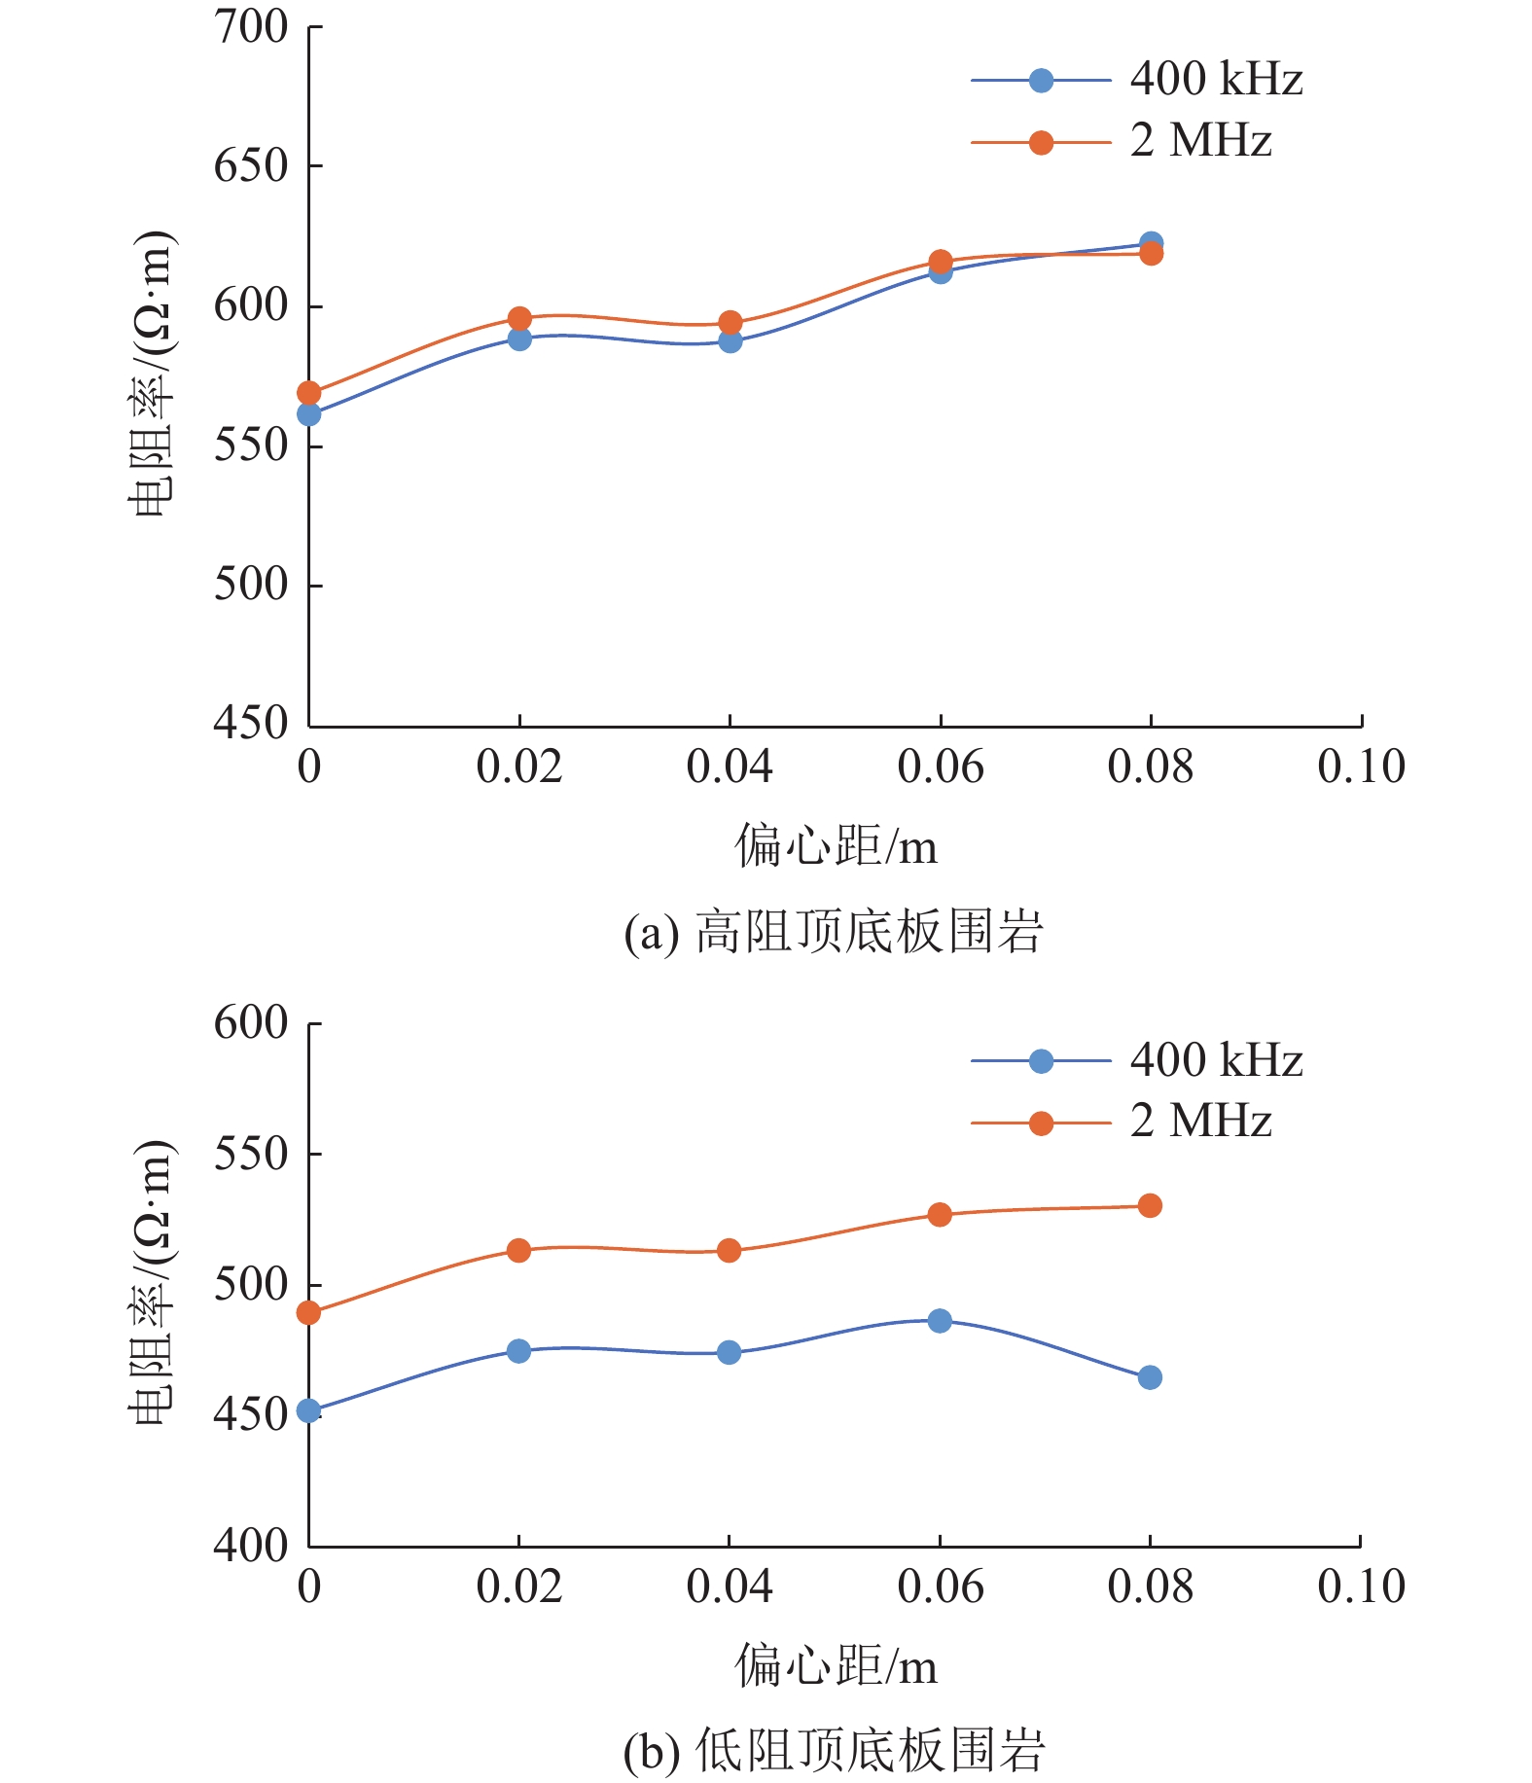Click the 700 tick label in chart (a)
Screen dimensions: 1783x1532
tap(251, 27)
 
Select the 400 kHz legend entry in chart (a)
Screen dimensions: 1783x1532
tap(1136, 80)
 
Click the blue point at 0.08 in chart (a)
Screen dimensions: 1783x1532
tap(1151, 243)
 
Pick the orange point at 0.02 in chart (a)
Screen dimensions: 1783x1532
tap(519, 318)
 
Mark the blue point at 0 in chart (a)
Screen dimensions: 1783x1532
tap(309, 414)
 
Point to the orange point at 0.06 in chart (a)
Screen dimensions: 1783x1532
tap(941, 262)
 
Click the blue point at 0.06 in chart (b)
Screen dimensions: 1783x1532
tap(940, 1321)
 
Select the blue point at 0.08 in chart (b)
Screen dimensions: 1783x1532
tap(1150, 1377)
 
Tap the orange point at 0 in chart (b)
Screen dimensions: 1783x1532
tap(308, 1313)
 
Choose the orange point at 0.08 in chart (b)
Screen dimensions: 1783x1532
tap(1150, 1206)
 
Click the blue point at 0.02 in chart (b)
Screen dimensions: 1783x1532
tap(518, 1351)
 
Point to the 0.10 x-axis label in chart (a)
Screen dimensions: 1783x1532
tap(1361, 767)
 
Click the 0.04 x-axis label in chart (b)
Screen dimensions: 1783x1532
tap(729, 1587)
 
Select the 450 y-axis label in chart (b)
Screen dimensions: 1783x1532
tap(251, 1414)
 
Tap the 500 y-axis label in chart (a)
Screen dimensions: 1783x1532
tap(251, 585)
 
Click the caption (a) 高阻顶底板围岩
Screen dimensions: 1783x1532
tap(834, 932)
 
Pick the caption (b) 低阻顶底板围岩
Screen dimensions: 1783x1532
tap(834, 1752)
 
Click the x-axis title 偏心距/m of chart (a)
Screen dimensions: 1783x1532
tap(836, 845)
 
